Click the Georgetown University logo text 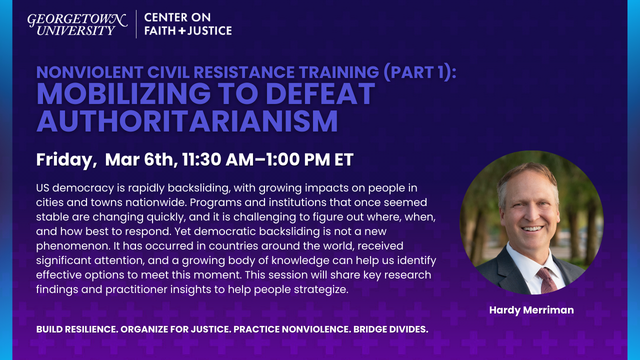click(x=77, y=24)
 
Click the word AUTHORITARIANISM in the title click(x=187, y=120)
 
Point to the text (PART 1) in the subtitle click(x=419, y=72)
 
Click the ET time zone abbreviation click(x=344, y=159)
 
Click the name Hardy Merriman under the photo click(x=531, y=310)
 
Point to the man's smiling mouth click(x=532, y=229)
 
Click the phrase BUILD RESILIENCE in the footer click(x=77, y=329)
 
